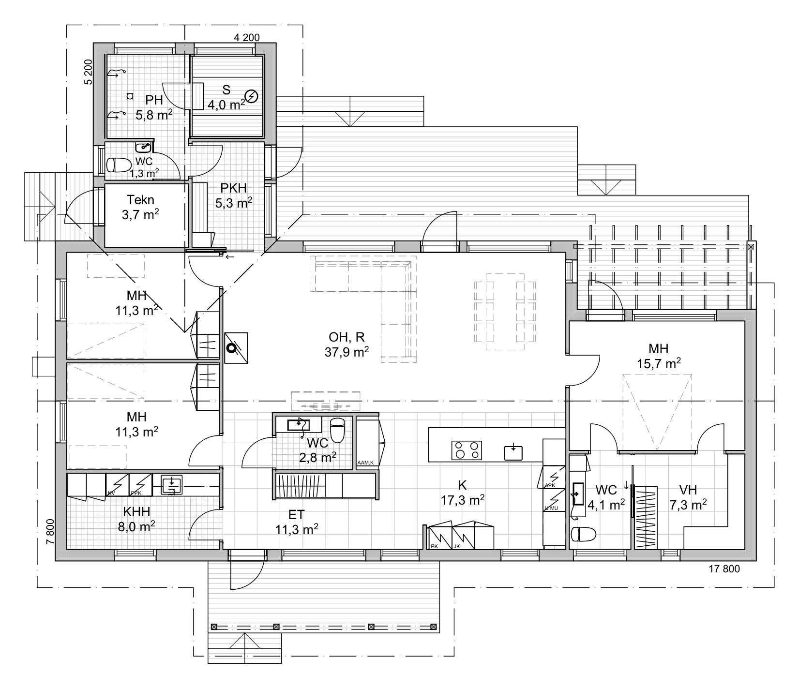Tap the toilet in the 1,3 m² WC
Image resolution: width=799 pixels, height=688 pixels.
[x=118, y=165]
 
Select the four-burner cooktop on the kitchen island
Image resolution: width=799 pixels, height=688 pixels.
[x=467, y=450]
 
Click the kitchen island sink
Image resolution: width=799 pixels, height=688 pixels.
[x=513, y=452]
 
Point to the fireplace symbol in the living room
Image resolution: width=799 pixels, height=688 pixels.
[x=237, y=347]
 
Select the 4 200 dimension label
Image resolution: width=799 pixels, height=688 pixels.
[x=247, y=37]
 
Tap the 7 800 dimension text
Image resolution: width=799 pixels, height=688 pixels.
[x=49, y=532]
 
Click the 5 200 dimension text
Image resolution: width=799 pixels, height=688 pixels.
[x=88, y=72]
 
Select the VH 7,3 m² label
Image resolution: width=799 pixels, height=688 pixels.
[x=688, y=497]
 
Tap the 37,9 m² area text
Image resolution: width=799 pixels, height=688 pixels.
[x=347, y=352]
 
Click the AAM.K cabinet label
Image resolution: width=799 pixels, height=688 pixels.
[x=365, y=463]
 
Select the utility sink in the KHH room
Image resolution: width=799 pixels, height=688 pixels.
[x=171, y=484]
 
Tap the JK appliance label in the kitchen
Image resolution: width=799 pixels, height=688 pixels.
[x=457, y=546]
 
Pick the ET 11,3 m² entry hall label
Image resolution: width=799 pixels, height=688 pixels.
[x=296, y=522]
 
